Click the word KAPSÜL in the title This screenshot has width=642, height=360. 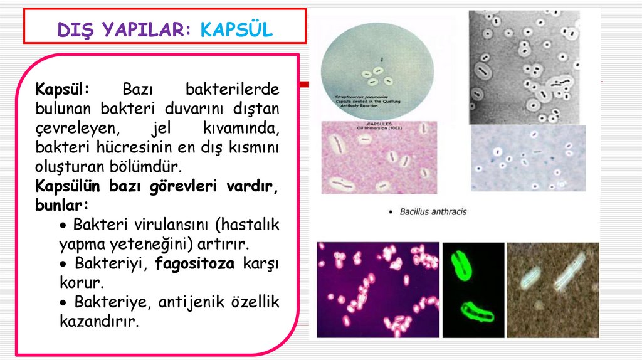pyautogui.click(x=237, y=29)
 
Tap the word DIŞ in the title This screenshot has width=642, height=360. pyautogui.click(x=73, y=29)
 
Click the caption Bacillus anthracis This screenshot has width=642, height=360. pyautogui.click(x=433, y=212)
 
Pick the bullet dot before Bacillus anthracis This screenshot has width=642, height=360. pyautogui.click(x=391, y=212)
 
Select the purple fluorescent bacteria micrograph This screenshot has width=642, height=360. pyautogui.click(x=377, y=290)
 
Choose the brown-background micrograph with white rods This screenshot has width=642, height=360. pyautogui.click(x=552, y=290)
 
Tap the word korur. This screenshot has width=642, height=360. pyautogui.click(x=78, y=282)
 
